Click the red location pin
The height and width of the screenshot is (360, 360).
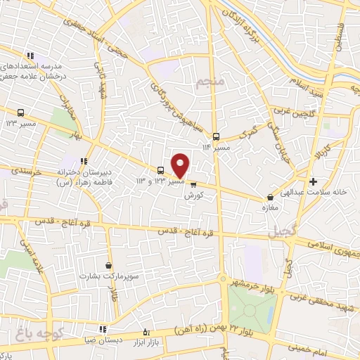pyautogui.click(x=181, y=165)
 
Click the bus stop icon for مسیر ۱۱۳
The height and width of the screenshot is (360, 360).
pyautogui.click(x=217, y=137)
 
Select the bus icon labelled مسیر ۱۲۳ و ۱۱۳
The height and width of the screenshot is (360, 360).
pyautogui.click(x=161, y=170)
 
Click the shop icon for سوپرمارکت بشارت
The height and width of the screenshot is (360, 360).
pyautogui.click(x=108, y=265)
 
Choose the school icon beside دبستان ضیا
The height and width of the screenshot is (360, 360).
pyautogui.click(x=103, y=328)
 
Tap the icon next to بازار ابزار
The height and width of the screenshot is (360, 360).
pyautogui.click(x=146, y=332)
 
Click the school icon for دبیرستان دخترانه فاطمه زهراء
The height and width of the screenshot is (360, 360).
pyautogui.click(x=84, y=161)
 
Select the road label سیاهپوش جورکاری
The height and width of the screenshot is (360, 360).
pyautogui.click(x=172, y=101)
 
